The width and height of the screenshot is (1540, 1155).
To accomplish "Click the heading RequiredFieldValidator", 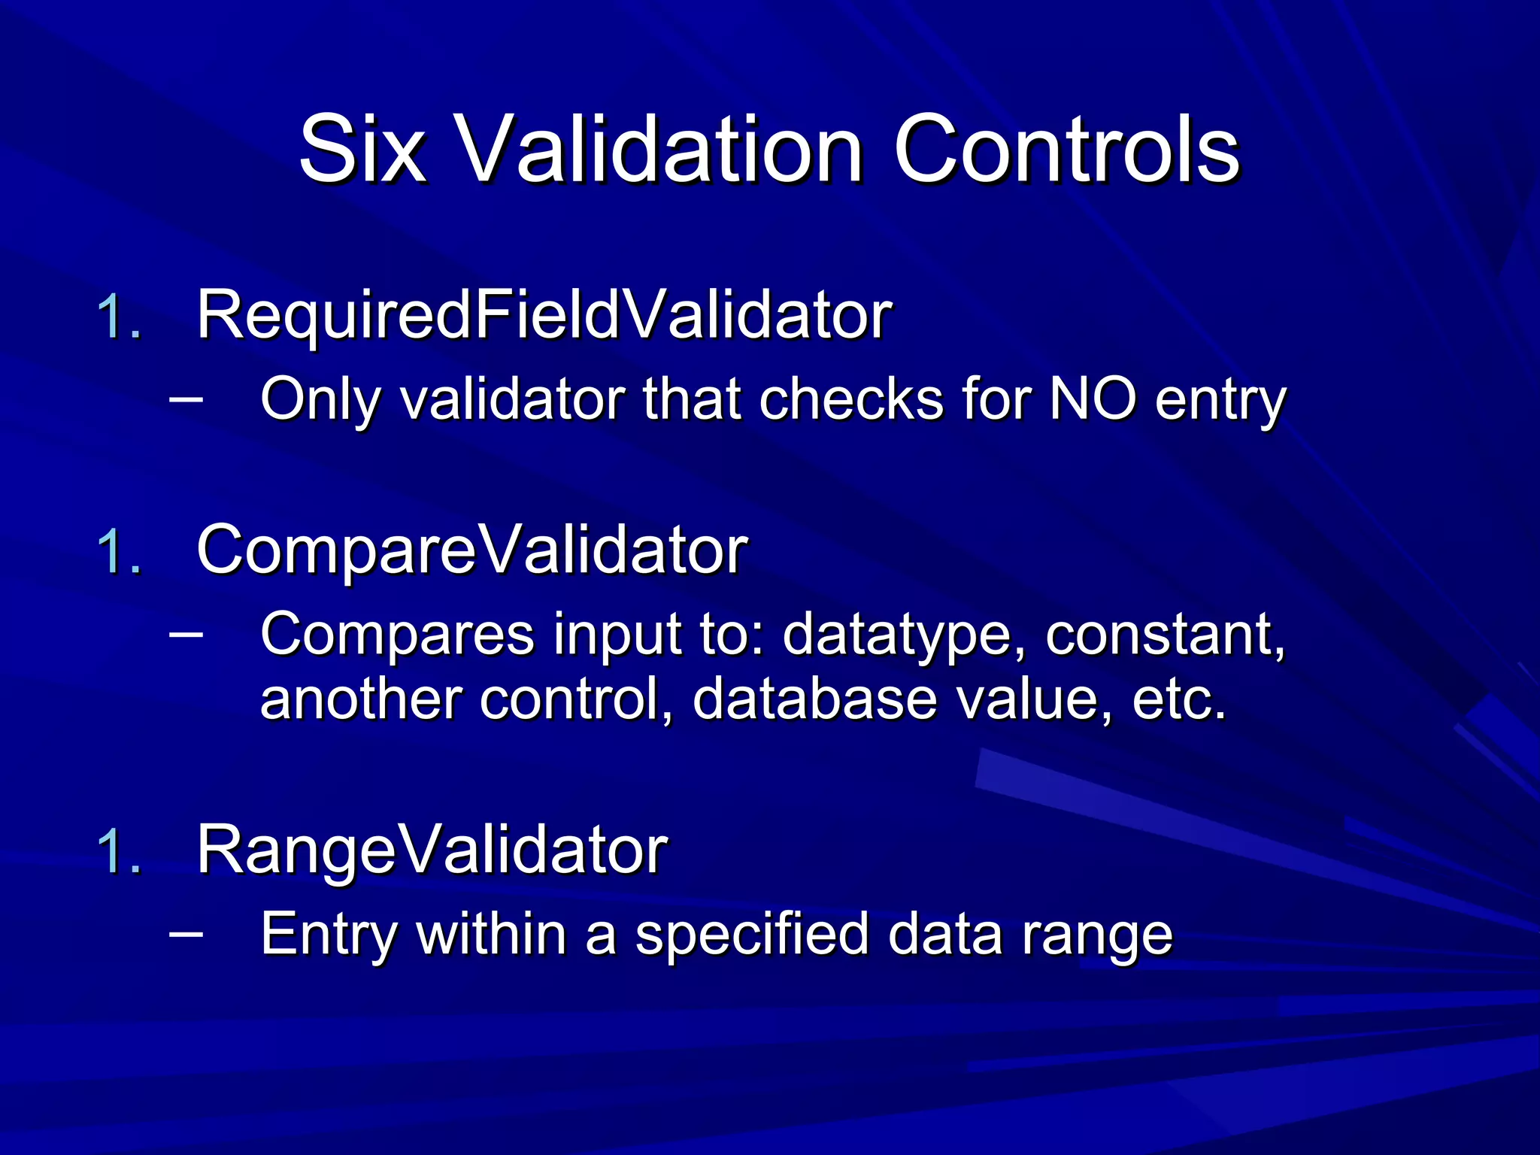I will click(x=544, y=316).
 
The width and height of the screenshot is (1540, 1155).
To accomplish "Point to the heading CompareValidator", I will click(x=471, y=550).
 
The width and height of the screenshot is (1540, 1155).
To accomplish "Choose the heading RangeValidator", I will click(x=432, y=851).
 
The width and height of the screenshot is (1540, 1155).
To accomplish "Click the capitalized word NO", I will click(x=1092, y=399).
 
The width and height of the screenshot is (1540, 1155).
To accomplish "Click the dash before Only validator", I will click(x=186, y=396).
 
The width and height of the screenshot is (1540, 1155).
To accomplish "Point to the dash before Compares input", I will click(x=186, y=632).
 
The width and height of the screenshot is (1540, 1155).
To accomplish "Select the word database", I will click(x=814, y=699).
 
